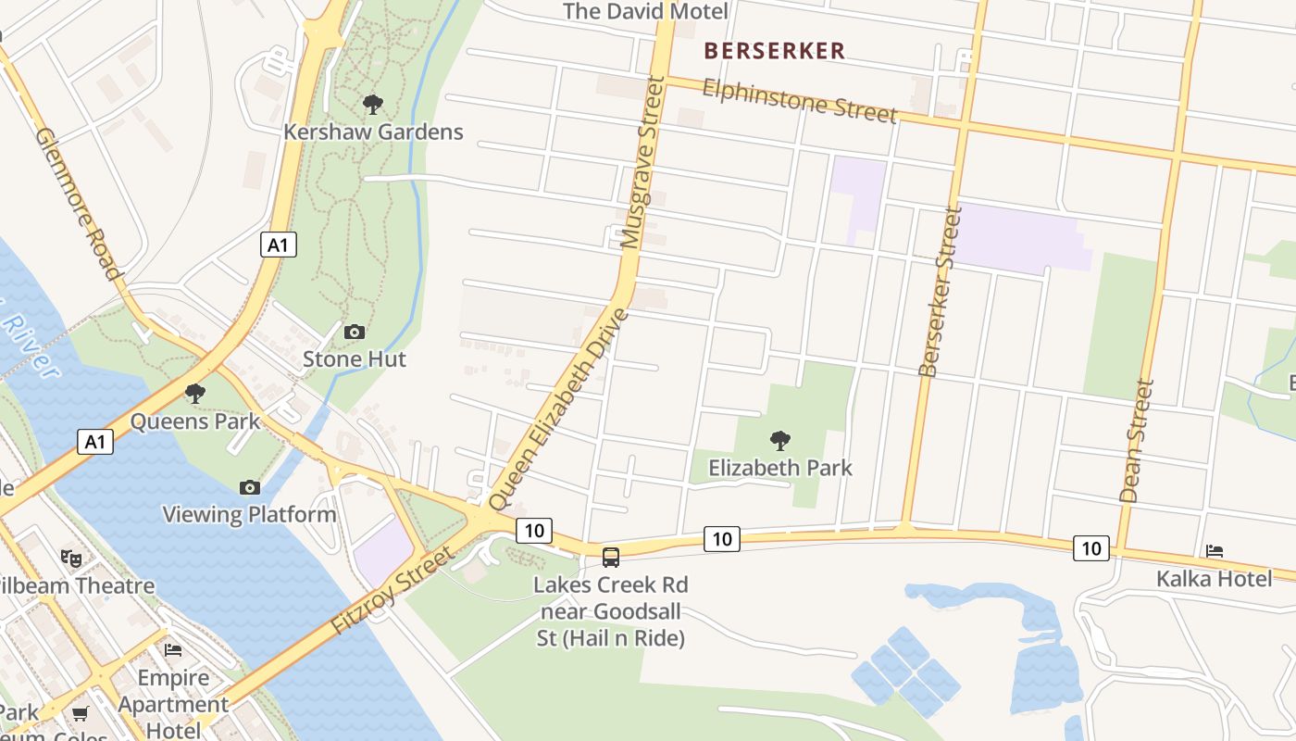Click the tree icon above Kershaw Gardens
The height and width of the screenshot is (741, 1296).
point(373,105)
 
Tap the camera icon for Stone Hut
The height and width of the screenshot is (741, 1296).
point(354,332)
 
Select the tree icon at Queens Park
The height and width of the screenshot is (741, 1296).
point(194,394)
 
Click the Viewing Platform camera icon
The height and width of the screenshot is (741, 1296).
point(249,487)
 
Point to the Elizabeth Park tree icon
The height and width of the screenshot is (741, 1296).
point(780,440)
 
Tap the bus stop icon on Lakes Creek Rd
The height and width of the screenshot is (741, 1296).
point(611,557)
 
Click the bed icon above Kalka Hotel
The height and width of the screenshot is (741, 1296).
point(1215,551)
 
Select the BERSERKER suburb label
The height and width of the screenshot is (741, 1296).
point(775,51)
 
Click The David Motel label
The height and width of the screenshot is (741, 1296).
point(645,11)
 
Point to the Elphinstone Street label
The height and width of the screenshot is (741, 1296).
point(800,100)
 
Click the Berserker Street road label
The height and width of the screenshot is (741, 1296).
point(941,292)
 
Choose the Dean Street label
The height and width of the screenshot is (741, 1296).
point(1138,441)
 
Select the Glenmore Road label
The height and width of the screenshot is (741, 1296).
point(79,204)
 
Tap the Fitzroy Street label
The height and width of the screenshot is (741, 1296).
point(392,590)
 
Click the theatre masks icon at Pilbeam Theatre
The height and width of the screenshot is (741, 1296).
point(69,558)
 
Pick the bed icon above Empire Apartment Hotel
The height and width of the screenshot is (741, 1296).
point(173,649)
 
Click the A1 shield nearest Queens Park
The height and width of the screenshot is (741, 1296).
point(95,442)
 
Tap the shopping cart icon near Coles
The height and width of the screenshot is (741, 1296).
point(81,713)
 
